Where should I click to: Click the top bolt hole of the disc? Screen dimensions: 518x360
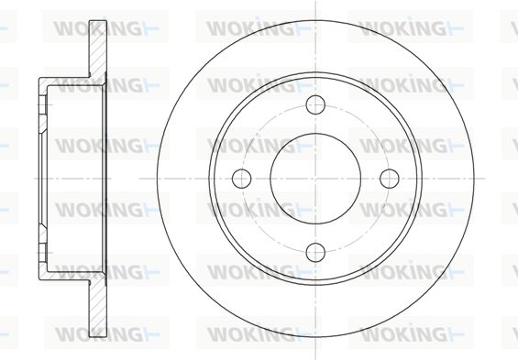click(315, 104)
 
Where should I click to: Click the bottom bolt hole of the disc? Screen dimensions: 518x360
click(315, 253)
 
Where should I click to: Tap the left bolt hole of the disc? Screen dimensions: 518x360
click(241, 179)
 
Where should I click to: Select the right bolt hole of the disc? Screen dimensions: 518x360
click(390, 179)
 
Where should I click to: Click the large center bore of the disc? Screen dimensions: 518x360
click(315, 179)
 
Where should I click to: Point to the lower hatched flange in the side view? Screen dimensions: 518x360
click(98, 309)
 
